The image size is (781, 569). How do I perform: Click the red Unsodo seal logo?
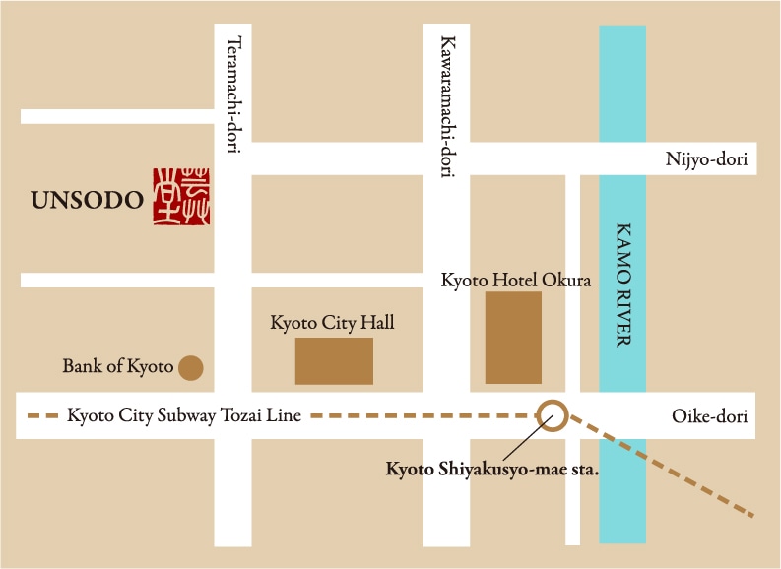point(181,197)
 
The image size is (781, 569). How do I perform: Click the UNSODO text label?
point(88,201)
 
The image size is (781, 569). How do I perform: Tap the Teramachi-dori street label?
point(233,96)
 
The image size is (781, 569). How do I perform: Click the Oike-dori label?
point(709,416)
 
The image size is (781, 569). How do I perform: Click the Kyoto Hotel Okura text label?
point(516,281)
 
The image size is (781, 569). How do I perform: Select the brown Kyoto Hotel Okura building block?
point(513,338)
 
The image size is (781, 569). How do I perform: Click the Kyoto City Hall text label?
point(332,322)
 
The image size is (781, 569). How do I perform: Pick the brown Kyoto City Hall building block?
point(334,360)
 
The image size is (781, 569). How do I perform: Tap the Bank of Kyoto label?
point(117,367)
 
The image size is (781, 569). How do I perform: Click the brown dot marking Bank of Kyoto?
point(190,368)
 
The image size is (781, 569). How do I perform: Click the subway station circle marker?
point(553,415)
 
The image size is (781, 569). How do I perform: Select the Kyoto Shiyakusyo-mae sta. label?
point(491,469)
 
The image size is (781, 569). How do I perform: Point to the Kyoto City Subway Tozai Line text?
point(184,416)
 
